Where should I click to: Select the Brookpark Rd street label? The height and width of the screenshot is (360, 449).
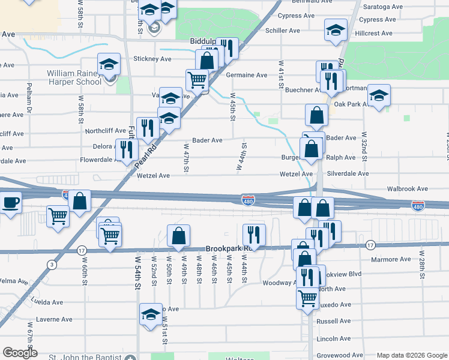click(227, 248)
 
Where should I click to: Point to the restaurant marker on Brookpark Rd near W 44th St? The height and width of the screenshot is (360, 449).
click(253, 235)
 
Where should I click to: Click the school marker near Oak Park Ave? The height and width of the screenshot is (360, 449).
click(379, 95)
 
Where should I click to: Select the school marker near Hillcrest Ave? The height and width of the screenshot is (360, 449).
click(336, 30)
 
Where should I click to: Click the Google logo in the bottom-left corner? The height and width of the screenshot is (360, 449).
click(19, 352)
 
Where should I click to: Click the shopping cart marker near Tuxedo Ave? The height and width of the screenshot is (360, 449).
click(308, 296)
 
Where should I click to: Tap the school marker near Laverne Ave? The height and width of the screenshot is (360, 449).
click(151, 314)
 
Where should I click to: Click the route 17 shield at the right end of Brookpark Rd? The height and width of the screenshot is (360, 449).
click(370, 245)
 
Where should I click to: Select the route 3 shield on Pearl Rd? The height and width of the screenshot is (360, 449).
click(53, 264)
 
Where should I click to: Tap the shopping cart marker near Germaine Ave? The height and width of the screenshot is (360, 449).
click(197, 79)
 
